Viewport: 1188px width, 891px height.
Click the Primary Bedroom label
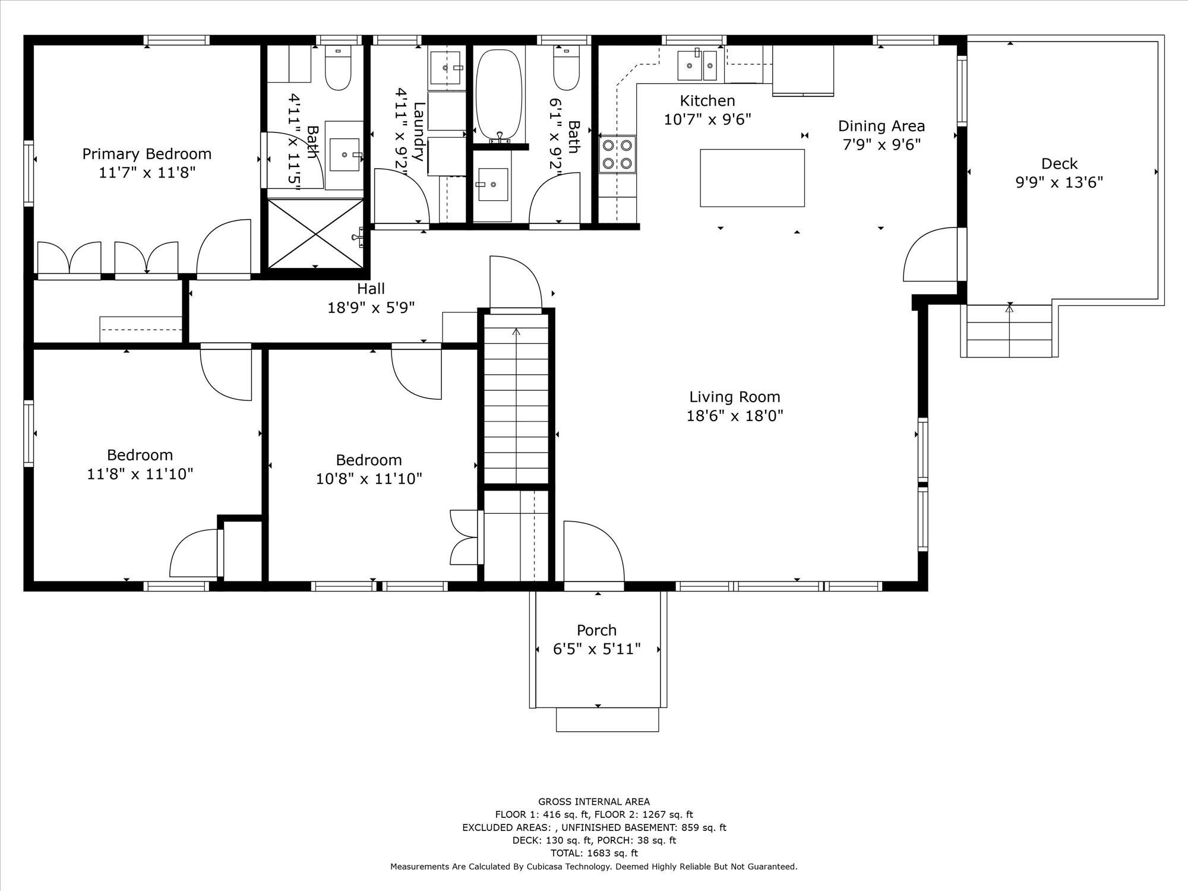click(147, 154)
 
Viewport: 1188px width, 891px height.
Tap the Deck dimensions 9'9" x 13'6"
click(1059, 182)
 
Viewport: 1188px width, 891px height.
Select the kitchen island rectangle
click(752, 178)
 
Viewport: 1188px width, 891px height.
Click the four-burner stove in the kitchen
click(617, 154)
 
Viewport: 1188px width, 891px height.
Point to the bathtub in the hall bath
click(500, 95)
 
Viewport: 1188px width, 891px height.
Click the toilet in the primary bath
click(339, 68)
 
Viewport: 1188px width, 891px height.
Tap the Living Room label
click(735, 397)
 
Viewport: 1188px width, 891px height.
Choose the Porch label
click(596, 630)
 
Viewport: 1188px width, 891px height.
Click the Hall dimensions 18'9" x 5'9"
click(371, 308)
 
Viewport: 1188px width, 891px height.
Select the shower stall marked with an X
click(315, 233)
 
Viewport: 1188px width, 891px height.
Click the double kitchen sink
click(698, 65)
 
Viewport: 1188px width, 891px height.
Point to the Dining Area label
click(881, 126)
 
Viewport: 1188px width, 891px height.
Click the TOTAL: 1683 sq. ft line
click(594, 853)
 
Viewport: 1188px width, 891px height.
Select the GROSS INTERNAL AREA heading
click(594, 802)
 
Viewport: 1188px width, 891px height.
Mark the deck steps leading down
click(1010, 331)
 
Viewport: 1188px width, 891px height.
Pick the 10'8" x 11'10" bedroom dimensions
click(369, 479)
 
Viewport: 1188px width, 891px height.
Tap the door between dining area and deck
click(931, 255)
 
